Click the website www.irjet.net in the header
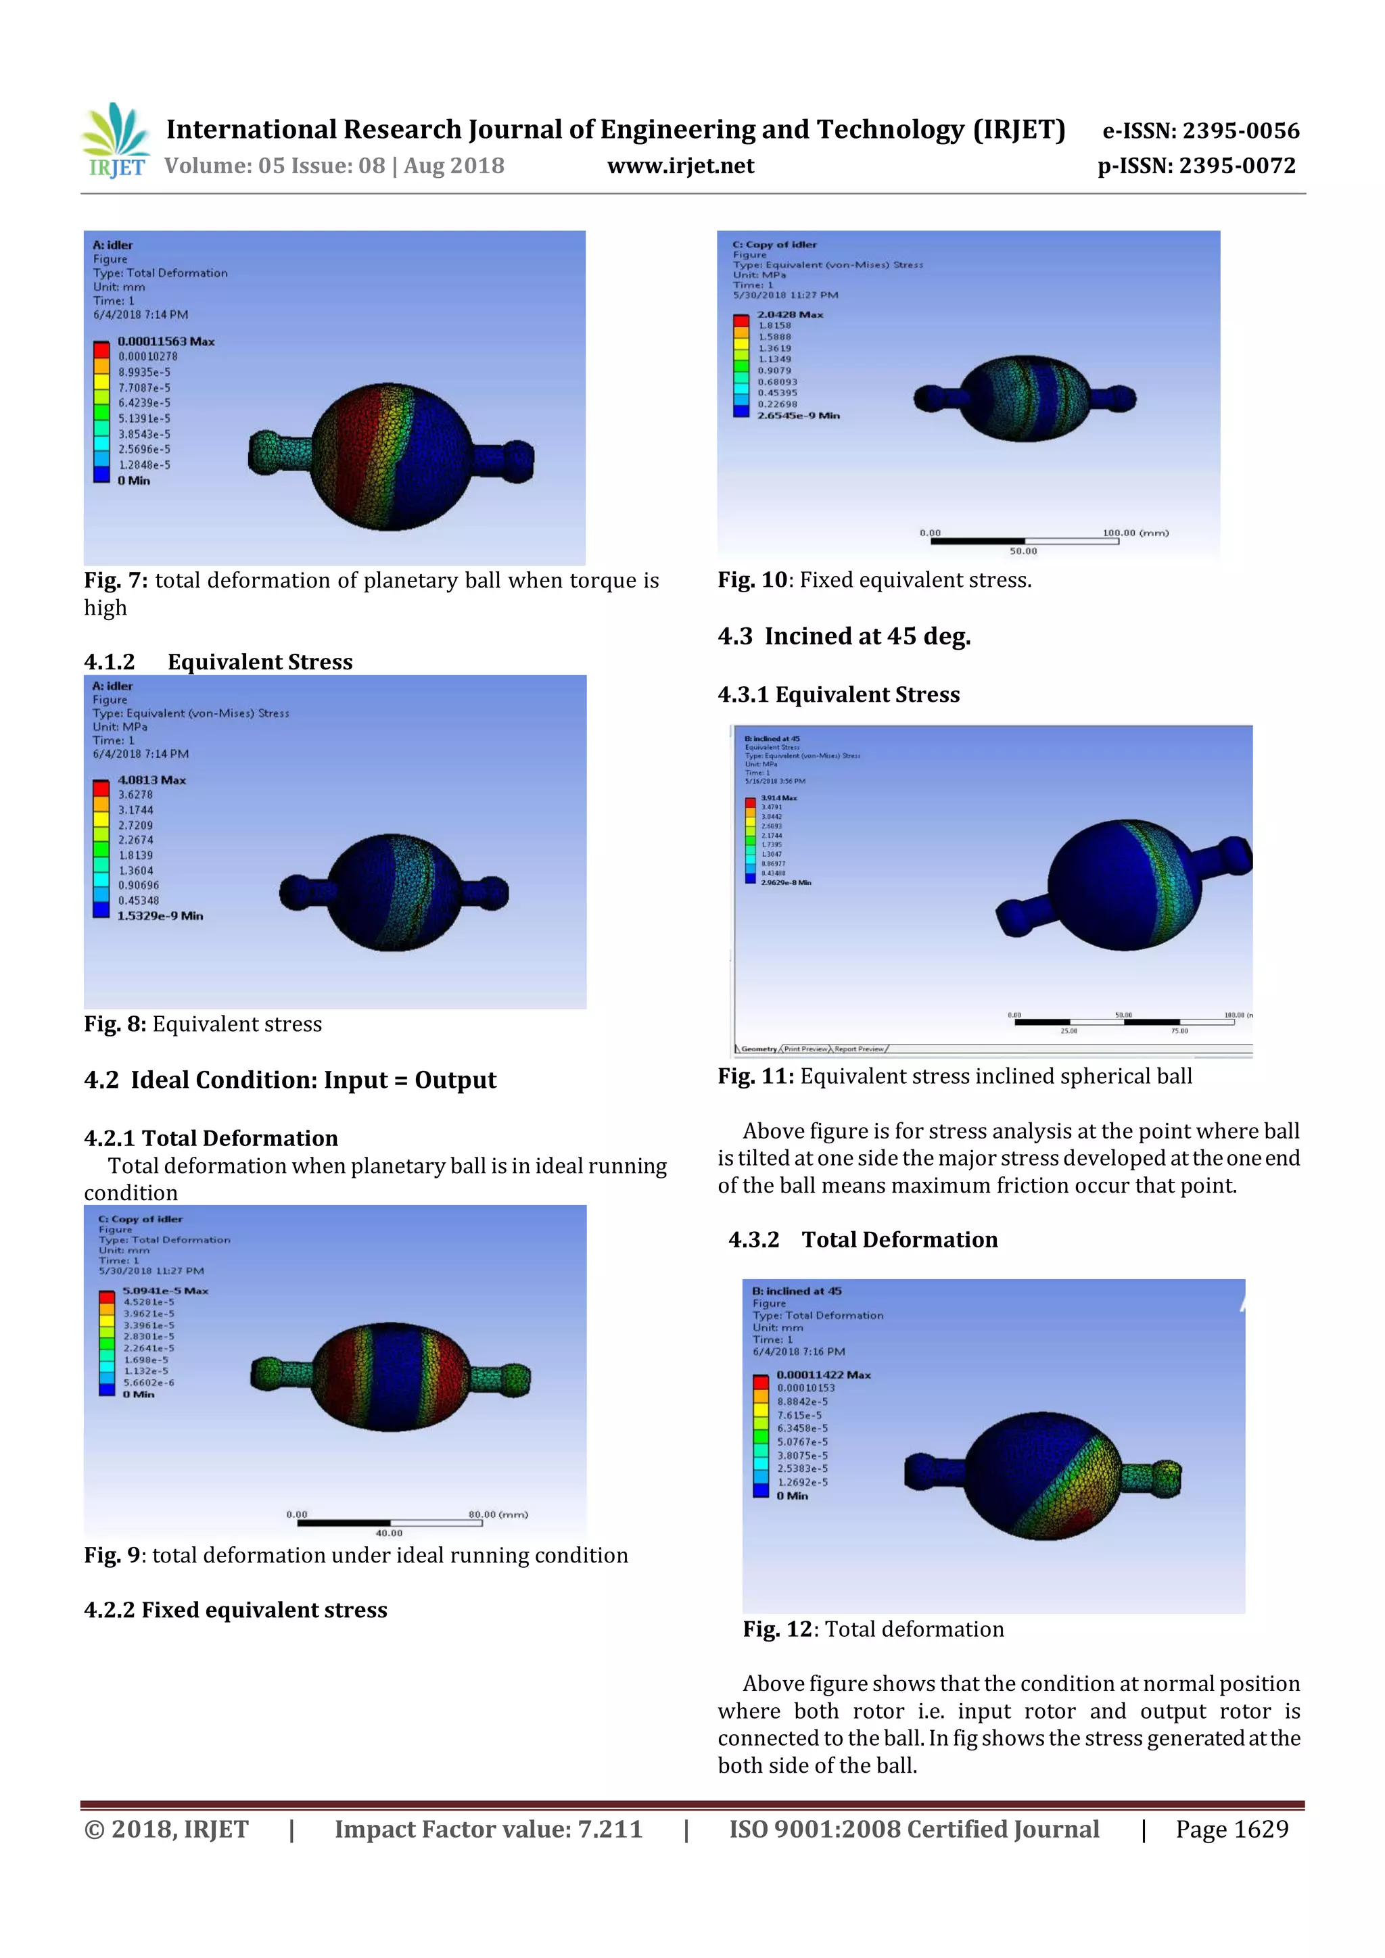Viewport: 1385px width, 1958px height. tap(680, 166)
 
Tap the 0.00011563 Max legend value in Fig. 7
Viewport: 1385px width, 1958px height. tap(166, 341)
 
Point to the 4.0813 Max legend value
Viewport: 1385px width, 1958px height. tap(151, 780)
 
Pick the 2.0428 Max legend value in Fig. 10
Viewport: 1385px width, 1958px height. tap(791, 314)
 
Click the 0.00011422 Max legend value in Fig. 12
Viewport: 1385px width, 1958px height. tap(824, 1375)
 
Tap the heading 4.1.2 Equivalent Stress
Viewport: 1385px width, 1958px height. tap(218, 662)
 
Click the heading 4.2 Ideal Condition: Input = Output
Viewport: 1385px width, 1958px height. tap(290, 1080)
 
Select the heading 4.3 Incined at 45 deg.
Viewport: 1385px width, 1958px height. tap(844, 636)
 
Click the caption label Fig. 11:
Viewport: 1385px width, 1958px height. tap(755, 1076)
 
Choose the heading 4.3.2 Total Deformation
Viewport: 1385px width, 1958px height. tap(863, 1239)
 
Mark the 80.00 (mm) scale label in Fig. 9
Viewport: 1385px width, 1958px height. tap(498, 1514)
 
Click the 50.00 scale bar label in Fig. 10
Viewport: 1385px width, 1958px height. tap(1023, 551)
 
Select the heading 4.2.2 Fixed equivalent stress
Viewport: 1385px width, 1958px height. tap(235, 1609)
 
